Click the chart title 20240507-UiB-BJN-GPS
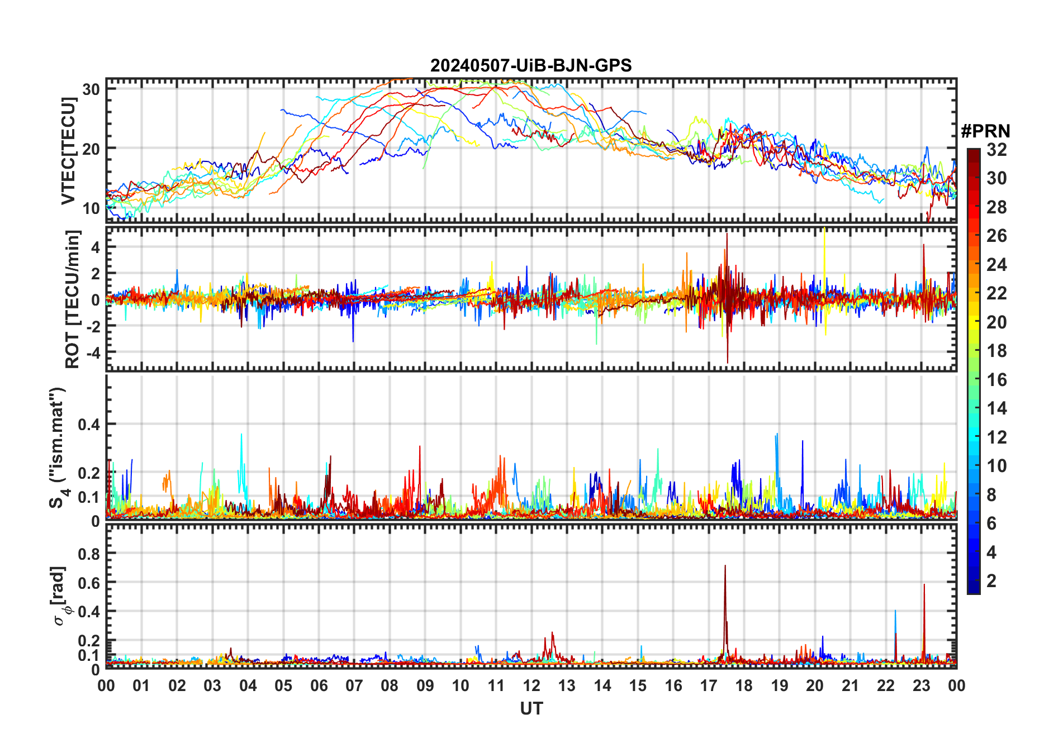pos(531,66)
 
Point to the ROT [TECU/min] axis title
pos(73,299)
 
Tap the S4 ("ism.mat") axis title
pos(59,447)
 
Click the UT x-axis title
pos(531,709)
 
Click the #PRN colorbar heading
pos(985,131)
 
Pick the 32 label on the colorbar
pos(996,150)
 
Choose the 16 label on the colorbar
pos(996,380)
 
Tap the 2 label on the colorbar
pos(991,581)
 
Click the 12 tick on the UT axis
pos(531,685)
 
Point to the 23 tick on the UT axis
pos(921,685)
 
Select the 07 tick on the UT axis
pos(354,685)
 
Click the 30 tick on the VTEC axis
pos(91,89)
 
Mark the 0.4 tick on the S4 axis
pos(89,424)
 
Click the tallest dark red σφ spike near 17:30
pos(725,566)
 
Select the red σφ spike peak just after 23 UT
pos(924,585)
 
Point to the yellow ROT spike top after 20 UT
pos(824,228)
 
